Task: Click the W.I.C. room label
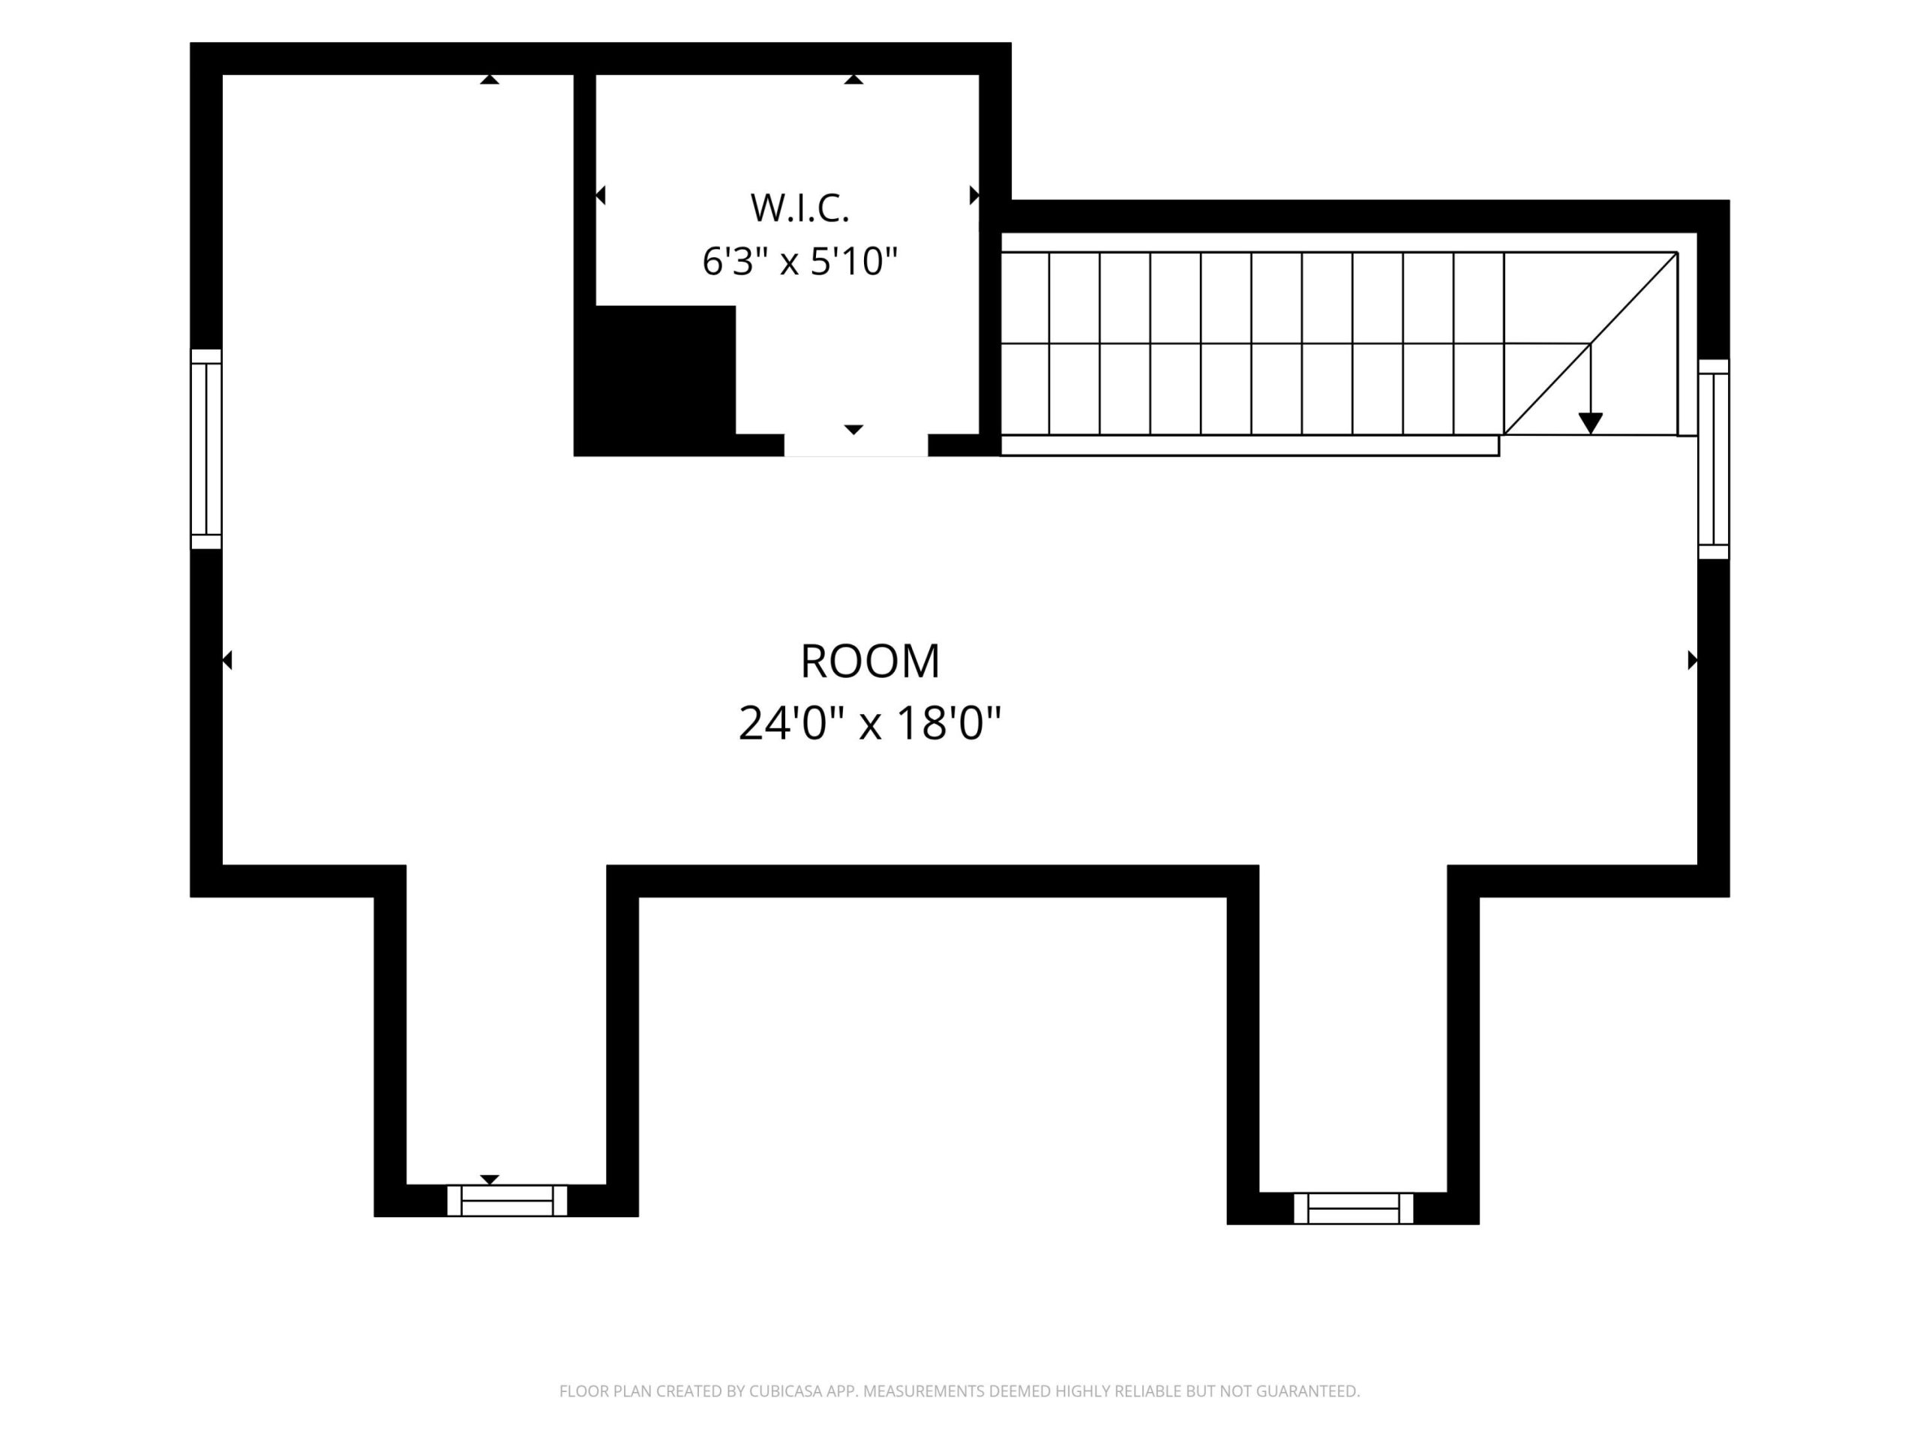point(799,208)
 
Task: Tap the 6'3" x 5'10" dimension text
point(799,261)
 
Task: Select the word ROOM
point(870,661)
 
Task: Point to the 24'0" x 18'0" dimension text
point(870,723)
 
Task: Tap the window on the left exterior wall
point(206,448)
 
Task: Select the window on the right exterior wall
point(1714,459)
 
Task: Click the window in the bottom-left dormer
point(507,1201)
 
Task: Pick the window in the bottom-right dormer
point(1353,1208)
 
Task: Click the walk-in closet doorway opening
point(856,445)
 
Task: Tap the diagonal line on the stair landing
point(1590,343)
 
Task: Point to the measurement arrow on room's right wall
point(1692,661)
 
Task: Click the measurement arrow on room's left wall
point(227,661)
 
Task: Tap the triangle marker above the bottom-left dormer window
point(490,1180)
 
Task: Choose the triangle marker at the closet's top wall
point(854,79)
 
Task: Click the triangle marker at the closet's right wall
point(974,195)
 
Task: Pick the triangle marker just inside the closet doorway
point(854,430)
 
